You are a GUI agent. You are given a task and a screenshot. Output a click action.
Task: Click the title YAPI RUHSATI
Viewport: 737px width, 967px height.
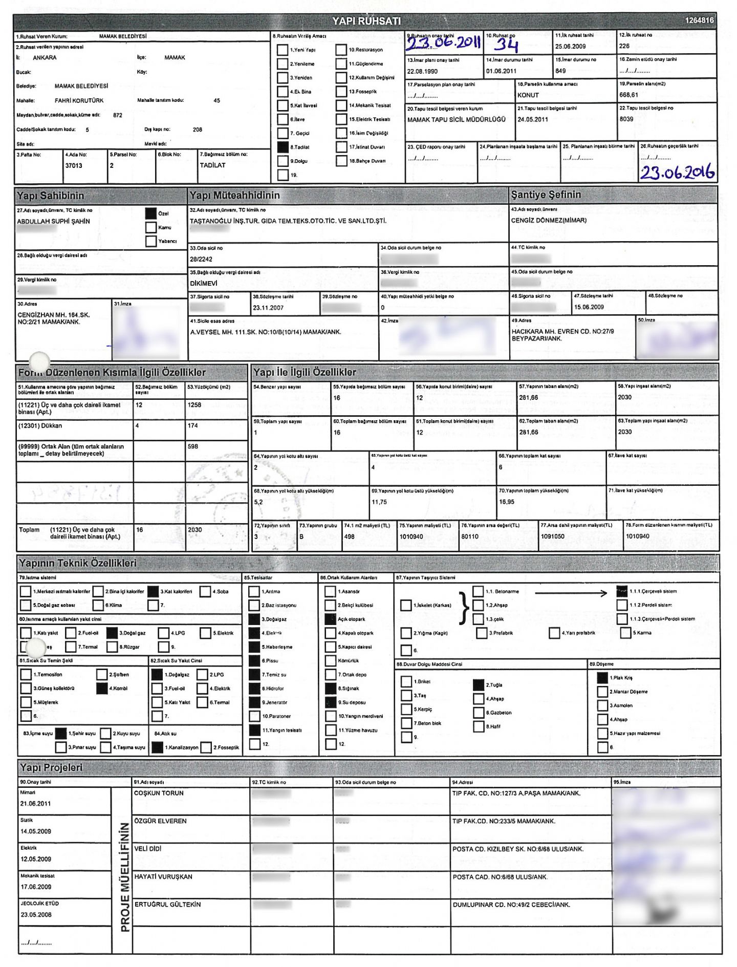click(x=366, y=21)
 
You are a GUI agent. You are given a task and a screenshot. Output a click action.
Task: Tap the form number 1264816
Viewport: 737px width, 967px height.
click(x=699, y=20)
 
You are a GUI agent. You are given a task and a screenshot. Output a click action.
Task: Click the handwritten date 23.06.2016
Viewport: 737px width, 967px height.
click(x=677, y=173)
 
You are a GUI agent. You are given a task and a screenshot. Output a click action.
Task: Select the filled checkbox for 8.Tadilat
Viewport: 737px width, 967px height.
click(x=282, y=147)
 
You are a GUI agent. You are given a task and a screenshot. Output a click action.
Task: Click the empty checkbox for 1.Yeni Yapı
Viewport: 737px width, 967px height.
click(x=282, y=50)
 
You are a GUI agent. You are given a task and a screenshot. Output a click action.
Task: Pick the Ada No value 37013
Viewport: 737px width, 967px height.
click(x=74, y=166)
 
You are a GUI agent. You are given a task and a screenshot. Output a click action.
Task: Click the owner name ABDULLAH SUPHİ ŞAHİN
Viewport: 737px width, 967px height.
click(x=53, y=222)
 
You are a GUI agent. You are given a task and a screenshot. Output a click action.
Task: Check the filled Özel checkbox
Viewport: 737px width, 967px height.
click(x=150, y=213)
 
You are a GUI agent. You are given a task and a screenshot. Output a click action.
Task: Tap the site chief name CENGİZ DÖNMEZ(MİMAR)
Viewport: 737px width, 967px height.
click(x=549, y=221)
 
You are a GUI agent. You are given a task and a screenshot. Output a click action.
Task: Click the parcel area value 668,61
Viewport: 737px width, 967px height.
click(x=628, y=95)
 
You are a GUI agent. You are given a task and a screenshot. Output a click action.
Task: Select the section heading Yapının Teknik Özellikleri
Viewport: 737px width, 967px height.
click(x=78, y=564)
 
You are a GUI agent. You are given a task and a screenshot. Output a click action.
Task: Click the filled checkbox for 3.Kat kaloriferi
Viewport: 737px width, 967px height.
click(x=153, y=592)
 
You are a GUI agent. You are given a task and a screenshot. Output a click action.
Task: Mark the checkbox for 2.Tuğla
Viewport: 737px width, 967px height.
click(x=478, y=685)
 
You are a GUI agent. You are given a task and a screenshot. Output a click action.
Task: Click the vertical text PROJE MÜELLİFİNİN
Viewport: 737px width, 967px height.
click(x=125, y=877)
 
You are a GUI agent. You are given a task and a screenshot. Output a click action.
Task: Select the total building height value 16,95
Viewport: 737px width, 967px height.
click(x=507, y=502)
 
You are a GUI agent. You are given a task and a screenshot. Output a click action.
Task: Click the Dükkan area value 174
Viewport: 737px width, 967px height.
click(x=193, y=426)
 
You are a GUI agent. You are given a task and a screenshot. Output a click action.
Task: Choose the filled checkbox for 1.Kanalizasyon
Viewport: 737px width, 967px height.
click(x=158, y=747)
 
